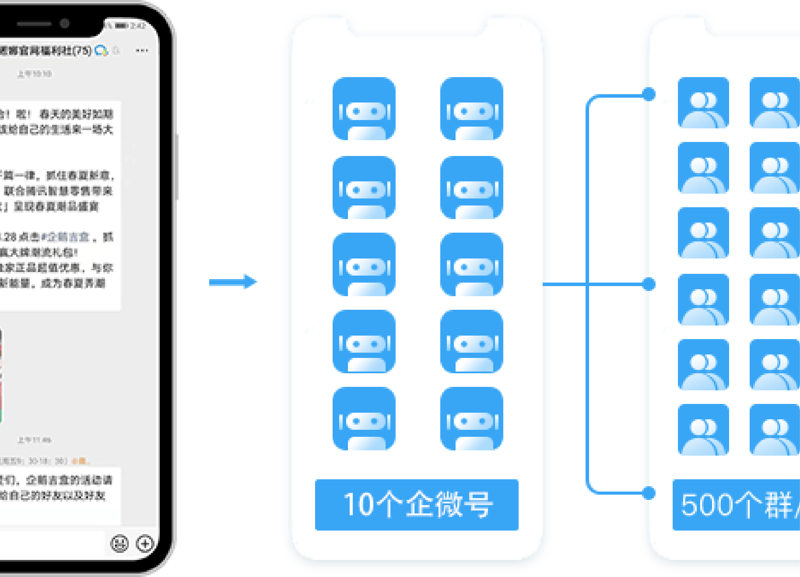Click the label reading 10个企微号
pos(417,505)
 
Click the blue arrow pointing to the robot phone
pos(233,282)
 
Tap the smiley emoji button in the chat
pos(119,544)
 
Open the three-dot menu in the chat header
pos(141,51)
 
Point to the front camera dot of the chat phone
pos(65,23)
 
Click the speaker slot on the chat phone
pos(34,24)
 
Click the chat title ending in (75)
pos(46,51)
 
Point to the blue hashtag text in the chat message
pos(66,237)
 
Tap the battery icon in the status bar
pos(121,26)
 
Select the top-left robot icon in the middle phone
pos(364,109)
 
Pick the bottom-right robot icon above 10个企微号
pos(471,418)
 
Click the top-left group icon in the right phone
pos(703,103)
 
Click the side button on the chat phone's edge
pos(177,166)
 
